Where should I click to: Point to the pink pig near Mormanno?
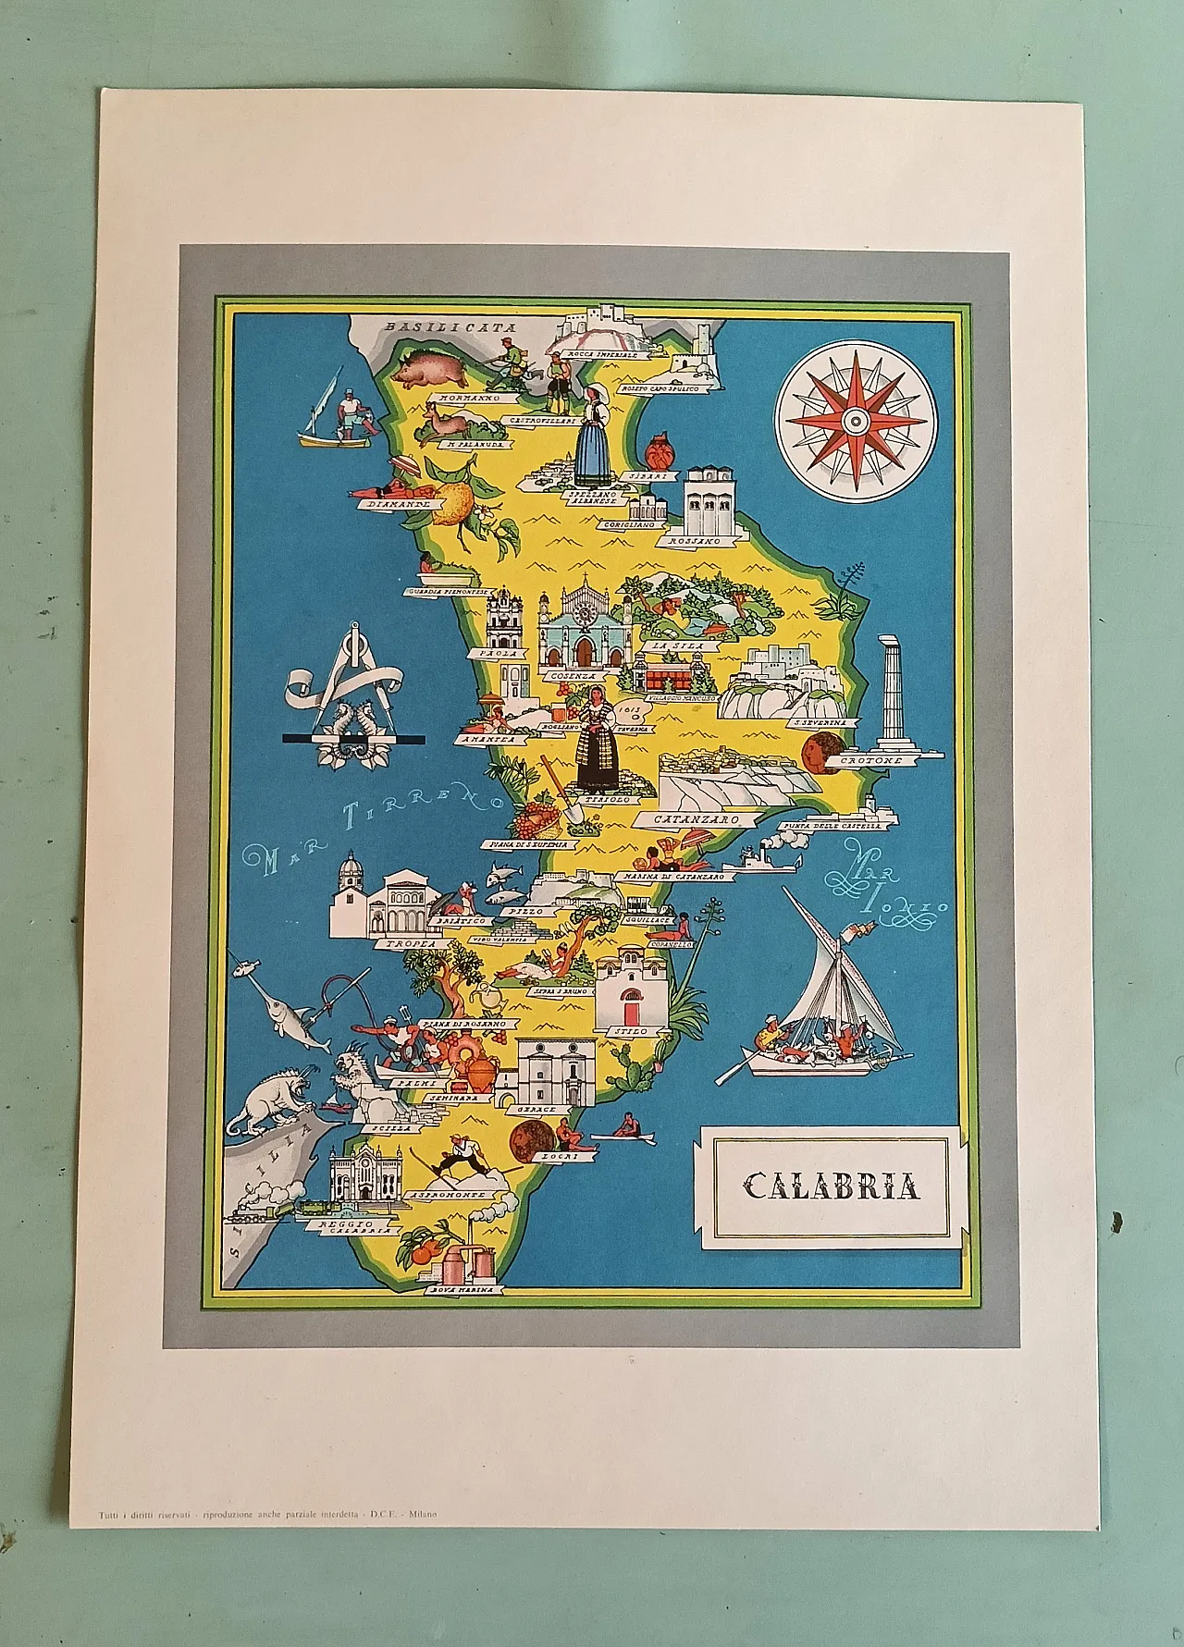point(430,365)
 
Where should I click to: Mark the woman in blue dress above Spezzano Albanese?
point(592,437)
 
